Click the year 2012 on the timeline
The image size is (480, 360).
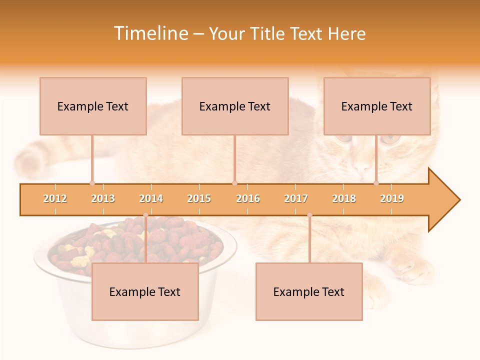(x=55, y=198)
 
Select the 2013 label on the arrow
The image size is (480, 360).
(x=103, y=198)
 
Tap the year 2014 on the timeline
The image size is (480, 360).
(x=151, y=198)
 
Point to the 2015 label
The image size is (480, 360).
(x=199, y=198)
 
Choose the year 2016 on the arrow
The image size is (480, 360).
(x=248, y=198)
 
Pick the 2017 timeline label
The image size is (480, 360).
(x=296, y=198)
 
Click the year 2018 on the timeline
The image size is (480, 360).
(x=344, y=198)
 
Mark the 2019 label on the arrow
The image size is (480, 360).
(x=392, y=198)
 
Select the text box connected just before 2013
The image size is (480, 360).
(x=93, y=106)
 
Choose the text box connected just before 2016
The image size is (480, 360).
(x=235, y=106)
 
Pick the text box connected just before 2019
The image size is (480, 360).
(x=377, y=106)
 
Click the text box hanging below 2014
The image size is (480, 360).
(x=145, y=291)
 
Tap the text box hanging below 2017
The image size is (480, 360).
(x=309, y=291)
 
